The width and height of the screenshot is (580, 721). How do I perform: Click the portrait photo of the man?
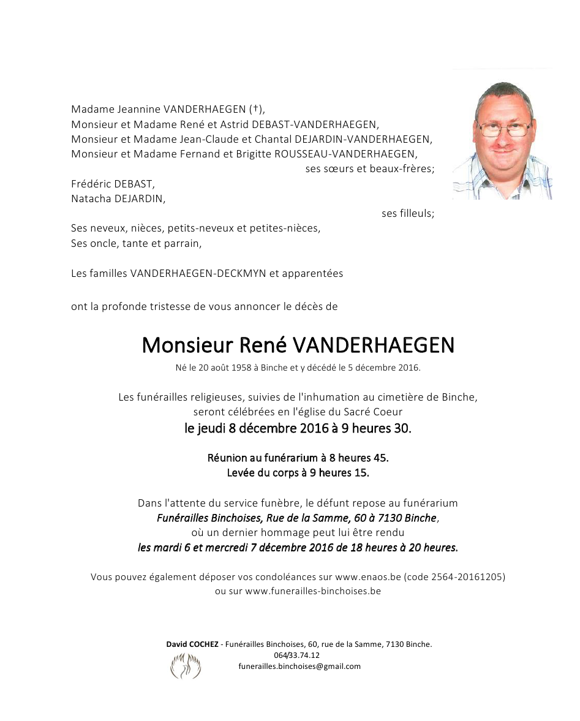(502, 135)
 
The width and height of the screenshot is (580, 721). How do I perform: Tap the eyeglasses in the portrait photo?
(504, 129)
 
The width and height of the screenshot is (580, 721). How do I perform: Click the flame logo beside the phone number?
(185, 666)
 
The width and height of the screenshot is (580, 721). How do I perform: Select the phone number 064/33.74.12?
(296, 655)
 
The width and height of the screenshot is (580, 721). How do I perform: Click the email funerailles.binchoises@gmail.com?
(299, 666)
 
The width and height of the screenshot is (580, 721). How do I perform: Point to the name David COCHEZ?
(191, 644)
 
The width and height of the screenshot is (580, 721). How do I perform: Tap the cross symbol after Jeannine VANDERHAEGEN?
(254, 110)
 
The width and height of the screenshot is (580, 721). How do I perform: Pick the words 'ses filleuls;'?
(407, 213)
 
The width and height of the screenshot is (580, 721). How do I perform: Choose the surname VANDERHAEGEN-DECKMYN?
(198, 273)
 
